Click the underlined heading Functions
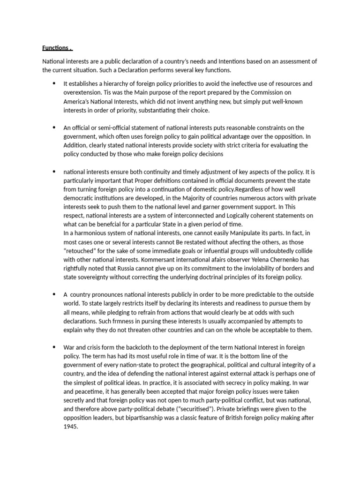point(57,48)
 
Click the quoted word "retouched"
point(82,250)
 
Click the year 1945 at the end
point(70,427)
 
